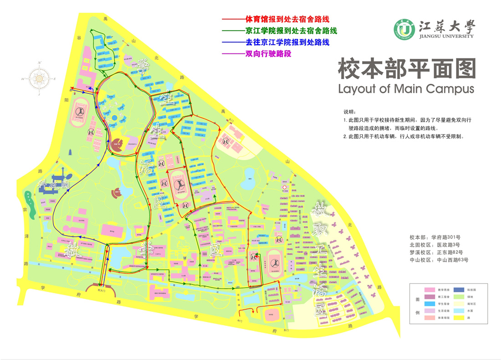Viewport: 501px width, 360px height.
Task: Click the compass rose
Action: point(39,78)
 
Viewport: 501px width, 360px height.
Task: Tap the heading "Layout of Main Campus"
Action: point(406,88)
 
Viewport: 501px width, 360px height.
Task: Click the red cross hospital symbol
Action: point(285,187)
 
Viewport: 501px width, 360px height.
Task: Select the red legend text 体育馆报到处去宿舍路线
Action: point(287,20)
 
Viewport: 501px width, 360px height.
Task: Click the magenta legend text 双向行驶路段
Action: point(268,54)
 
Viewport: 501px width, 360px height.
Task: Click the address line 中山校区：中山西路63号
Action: point(439,260)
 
